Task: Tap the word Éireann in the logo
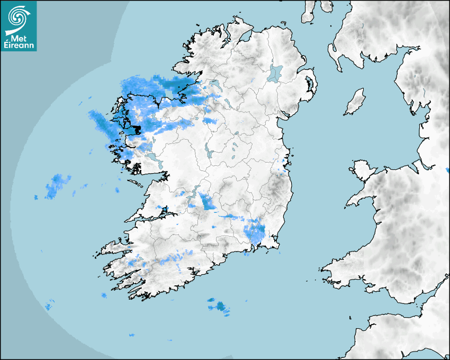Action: [20, 46]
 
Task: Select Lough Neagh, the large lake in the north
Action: [275, 73]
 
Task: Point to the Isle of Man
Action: [355, 102]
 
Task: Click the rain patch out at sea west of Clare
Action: [57, 186]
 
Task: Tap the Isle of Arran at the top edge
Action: [308, 12]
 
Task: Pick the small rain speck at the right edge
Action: [447, 170]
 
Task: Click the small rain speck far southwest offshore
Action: [49, 306]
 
